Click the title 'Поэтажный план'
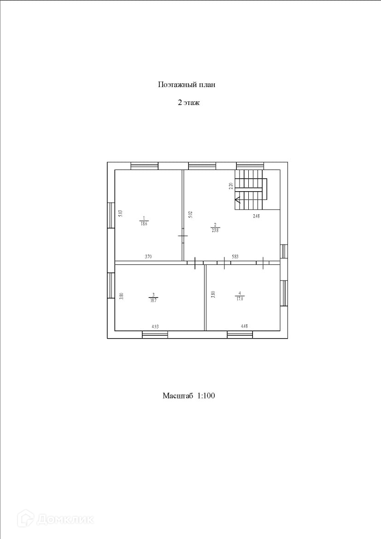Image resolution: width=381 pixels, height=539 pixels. click(x=187, y=85)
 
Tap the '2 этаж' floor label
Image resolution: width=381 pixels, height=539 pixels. click(x=188, y=103)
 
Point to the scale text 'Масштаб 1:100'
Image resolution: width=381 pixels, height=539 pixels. click(x=189, y=395)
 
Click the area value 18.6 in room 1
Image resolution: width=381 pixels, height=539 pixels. click(x=144, y=223)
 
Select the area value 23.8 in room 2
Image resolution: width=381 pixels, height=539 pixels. click(x=215, y=230)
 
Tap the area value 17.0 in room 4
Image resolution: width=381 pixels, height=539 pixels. click(x=239, y=298)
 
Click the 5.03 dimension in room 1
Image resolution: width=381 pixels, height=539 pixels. click(x=120, y=214)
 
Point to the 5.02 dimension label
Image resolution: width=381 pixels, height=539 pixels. click(x=189, y=214)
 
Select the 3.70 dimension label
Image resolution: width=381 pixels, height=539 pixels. click(x=148, y=257)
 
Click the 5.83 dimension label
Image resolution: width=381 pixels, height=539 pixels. click(x=235, y=257)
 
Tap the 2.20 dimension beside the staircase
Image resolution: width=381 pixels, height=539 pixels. click(x=231, y=186)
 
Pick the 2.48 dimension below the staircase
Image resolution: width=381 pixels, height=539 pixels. click(x=256, y=216)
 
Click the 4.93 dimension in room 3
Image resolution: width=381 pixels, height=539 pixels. click(x=155, y=327)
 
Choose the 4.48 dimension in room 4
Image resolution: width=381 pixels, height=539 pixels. click(x=244, y=327)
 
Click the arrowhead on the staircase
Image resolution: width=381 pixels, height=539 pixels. click(x=237, y=200)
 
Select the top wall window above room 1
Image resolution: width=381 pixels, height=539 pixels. click(x=144, y=166)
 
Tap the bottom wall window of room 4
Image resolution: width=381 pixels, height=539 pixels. click(x=240, y=334)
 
